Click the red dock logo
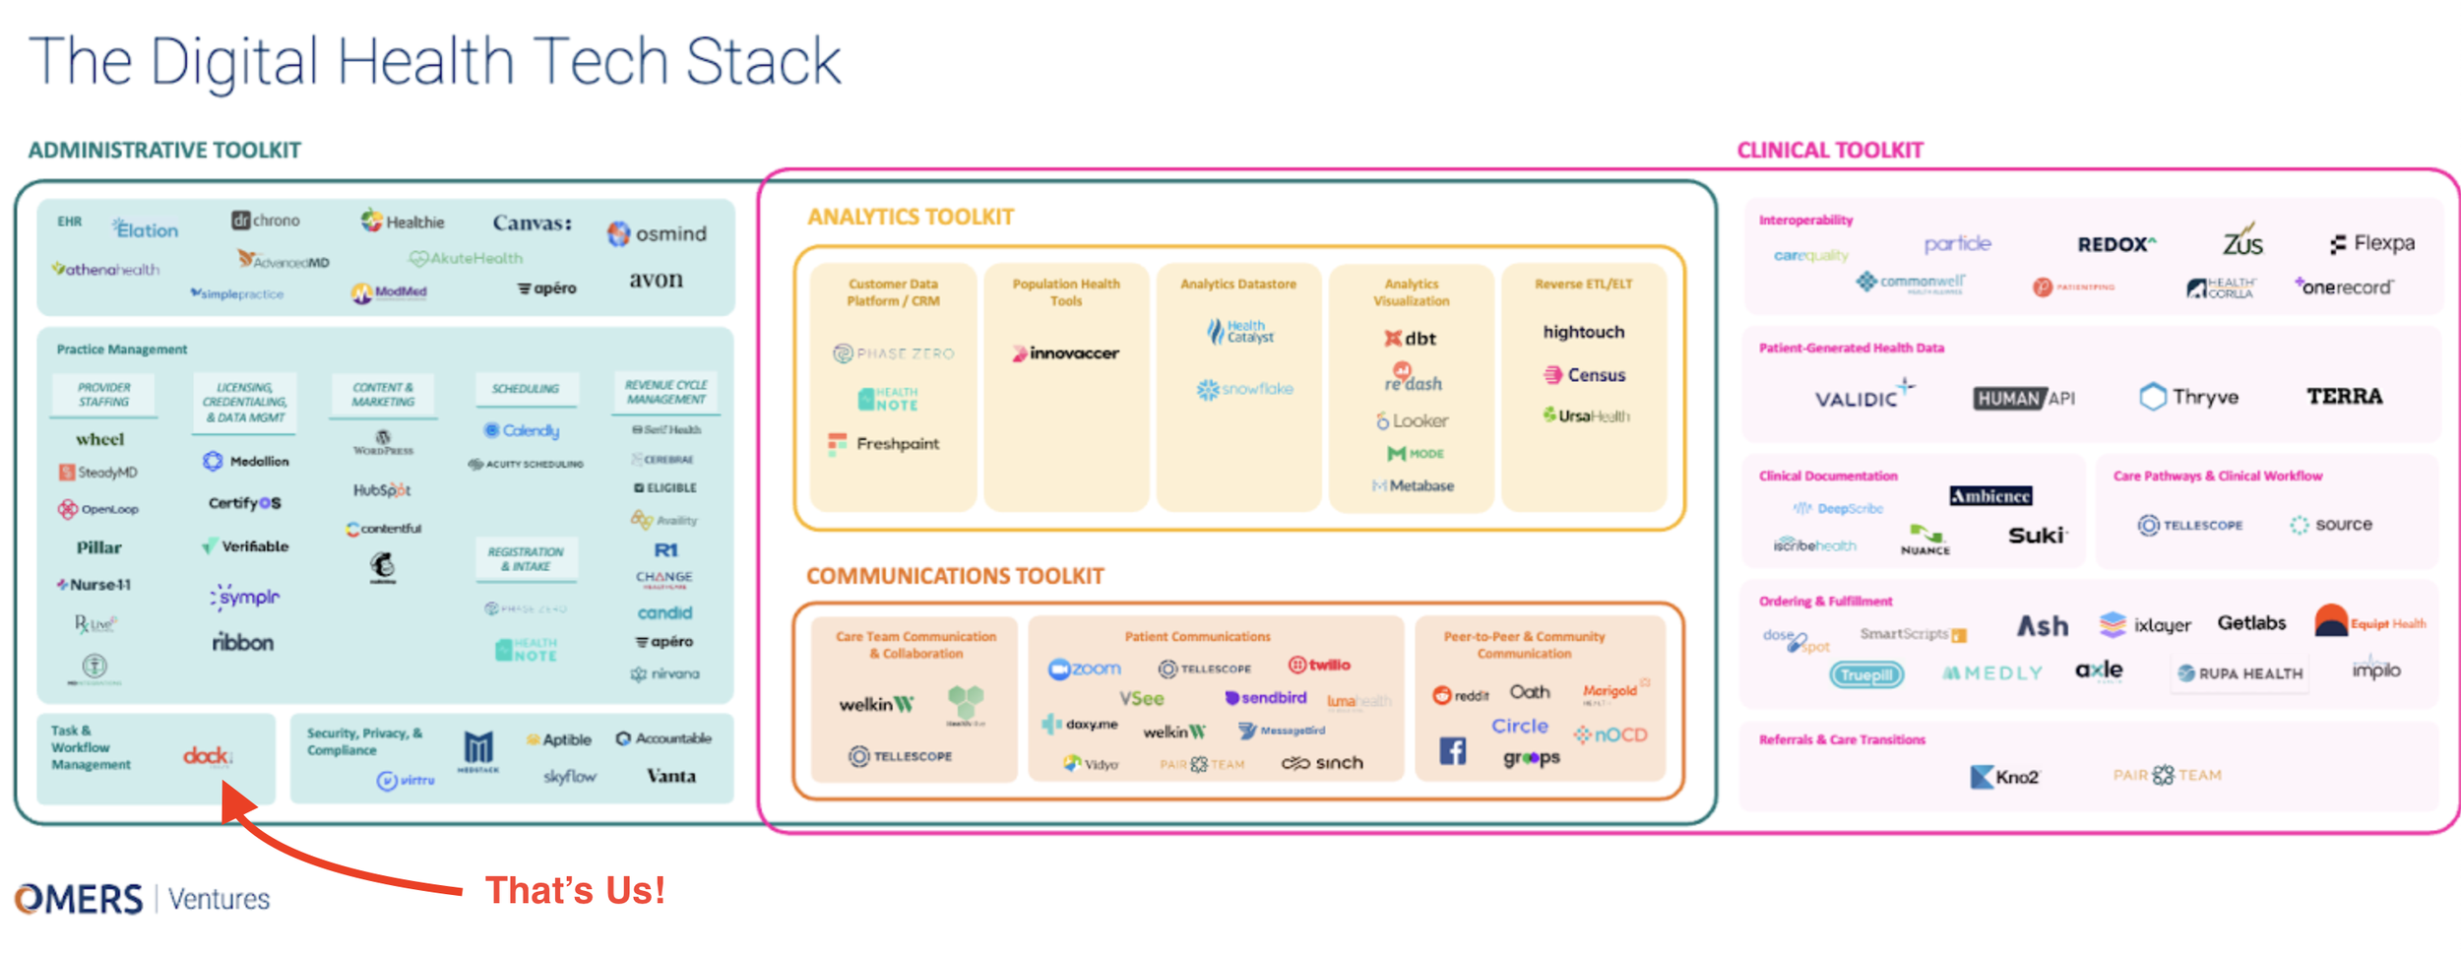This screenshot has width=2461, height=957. pos(207,756)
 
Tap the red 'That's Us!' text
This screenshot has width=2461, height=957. pos(575,890)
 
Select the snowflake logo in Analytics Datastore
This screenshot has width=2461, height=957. pos(1244,389)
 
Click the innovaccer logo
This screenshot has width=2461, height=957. pos(1065,352)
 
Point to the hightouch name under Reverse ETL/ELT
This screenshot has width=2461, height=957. pos(1583,332)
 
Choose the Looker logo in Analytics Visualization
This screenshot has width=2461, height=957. pos(1412,420)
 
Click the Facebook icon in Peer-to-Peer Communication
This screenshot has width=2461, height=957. pos(1452,751)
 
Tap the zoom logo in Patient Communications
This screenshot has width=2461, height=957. pos(1085,669)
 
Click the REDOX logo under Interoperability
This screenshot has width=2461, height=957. pos(2115,244)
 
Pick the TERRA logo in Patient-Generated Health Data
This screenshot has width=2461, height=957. pos(2344,396)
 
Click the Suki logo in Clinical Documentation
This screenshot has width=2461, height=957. pos(2037,535)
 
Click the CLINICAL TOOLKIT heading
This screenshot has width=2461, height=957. pos(1829,150)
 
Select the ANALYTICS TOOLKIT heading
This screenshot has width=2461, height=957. pos(910,217)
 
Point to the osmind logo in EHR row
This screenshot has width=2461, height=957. pos(658,233)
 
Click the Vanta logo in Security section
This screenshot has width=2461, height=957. pos(671,776)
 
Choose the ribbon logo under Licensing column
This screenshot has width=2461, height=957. pos(242,642)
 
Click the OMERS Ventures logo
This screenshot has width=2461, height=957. pos(142,898)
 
